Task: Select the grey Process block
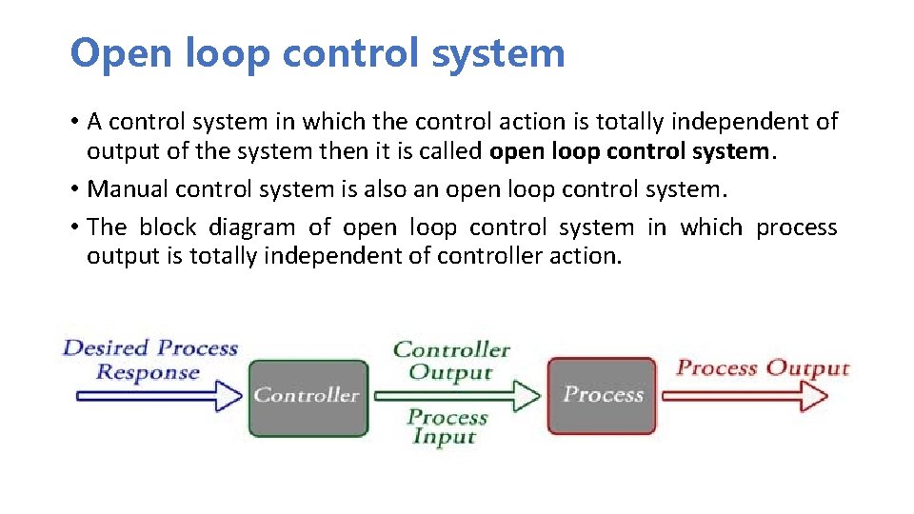click(x=603, y=395)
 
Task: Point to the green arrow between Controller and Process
click(x=458, y=394)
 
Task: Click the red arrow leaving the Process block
click(x=752, y=393)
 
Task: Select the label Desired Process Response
click(x=149, y=359)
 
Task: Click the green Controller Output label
click(x=451, y=361)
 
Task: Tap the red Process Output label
click(x=762, y=367)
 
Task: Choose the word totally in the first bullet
click(x=630, y=122)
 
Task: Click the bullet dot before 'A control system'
click(x=73, y=122)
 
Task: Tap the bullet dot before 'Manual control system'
click(x=73, y=189)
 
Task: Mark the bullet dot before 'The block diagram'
click(x=73, y=227)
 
